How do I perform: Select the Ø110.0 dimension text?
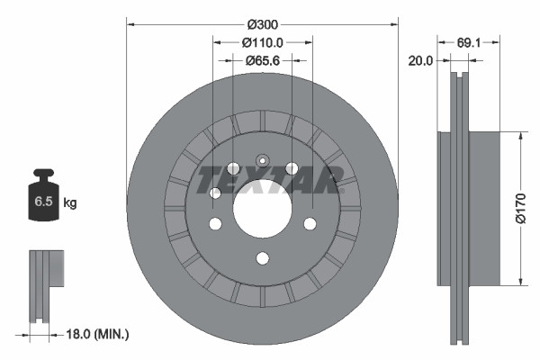pyautogui.click(x=263, y=42)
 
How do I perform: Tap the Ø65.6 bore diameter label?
pyautogui.click(x=263, y=60)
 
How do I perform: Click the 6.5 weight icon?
pyautogui.click(x=43, y=202)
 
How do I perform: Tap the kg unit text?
pyautogui.click(x=70, y=203)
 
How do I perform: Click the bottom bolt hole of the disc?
pyautogui.click(x=262, y=258)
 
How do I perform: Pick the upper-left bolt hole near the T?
pyautogui.click(x=233, y=168)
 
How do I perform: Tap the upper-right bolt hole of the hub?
pyautogui.click(x=292, y=168)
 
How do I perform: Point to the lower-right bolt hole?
pyautogui.click(x=309, y=223)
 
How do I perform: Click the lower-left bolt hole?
pyautogui.click(x=215, y=223)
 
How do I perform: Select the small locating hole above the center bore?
pyautogui.click(x=262, y=159)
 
